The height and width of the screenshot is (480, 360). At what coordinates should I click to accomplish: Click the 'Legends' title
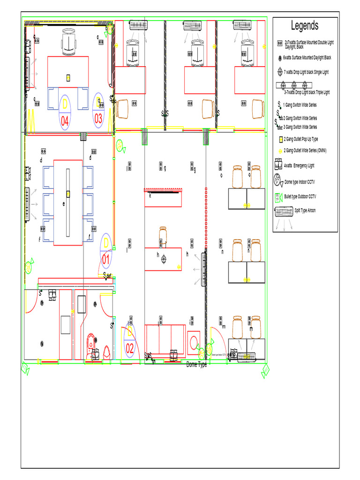pyautogui.click(x=305, y=26)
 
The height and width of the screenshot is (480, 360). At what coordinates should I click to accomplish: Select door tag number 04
pyautogui.click(x=65, y=121)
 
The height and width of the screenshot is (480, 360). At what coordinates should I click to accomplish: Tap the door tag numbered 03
pyautogui.click(x=98, y=119)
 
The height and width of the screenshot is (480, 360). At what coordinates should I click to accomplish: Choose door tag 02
pyautogui.click(x=130, y=348)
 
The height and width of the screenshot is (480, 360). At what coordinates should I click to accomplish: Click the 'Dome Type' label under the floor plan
pyautogui.click(x=196, y=364)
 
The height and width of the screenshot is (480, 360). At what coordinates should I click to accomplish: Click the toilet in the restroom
pyautogui.click(x=92, y=343)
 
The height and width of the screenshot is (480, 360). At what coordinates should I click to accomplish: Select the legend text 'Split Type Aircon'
pyautogui.click(x=305, y=210)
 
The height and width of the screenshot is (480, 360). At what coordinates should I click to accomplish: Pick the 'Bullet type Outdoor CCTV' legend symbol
pyautogui.click(x=277, y=196)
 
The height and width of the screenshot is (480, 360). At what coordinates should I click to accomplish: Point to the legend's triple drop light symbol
pyautogui.click(x=294, y=85)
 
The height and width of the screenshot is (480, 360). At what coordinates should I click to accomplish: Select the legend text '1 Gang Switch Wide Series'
pyautogui.click(x=300, y=105)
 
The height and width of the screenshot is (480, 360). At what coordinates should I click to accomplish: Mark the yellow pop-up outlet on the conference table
pyautogui.click(x=68, y=194)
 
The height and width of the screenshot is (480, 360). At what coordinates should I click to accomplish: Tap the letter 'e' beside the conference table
pyautogui.click(x=64, y=204)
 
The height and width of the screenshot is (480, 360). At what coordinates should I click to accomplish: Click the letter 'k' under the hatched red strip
pyautogui.click(x=150, y=195)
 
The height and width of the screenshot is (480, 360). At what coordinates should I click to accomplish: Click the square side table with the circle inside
pyautogui.click(x=193, y=343)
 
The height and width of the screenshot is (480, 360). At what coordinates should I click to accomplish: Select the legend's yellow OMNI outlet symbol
pyautogui.click(x=280, y=150)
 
